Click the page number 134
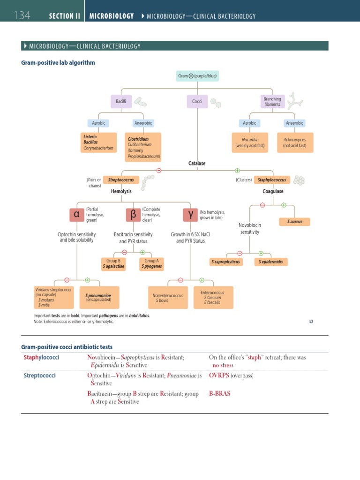coord(22,15)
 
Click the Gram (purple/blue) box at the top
coord(197,75)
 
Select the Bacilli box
coord(121,102)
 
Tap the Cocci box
coord(197,102)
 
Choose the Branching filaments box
coord(272,102)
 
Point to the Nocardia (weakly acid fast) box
coord(249,142)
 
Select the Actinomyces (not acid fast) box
coord(295,142)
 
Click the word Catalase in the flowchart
coord(197,164)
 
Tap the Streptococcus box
coord(121,180)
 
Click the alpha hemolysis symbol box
coord(76,215)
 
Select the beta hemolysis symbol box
coord(133,215)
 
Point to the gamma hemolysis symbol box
coord(190,215)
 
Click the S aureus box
coord(295,221)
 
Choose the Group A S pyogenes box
coord(151,263)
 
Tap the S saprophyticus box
coord(225,262)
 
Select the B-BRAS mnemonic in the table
coord(220,394)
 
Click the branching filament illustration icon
coord(296,102)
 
